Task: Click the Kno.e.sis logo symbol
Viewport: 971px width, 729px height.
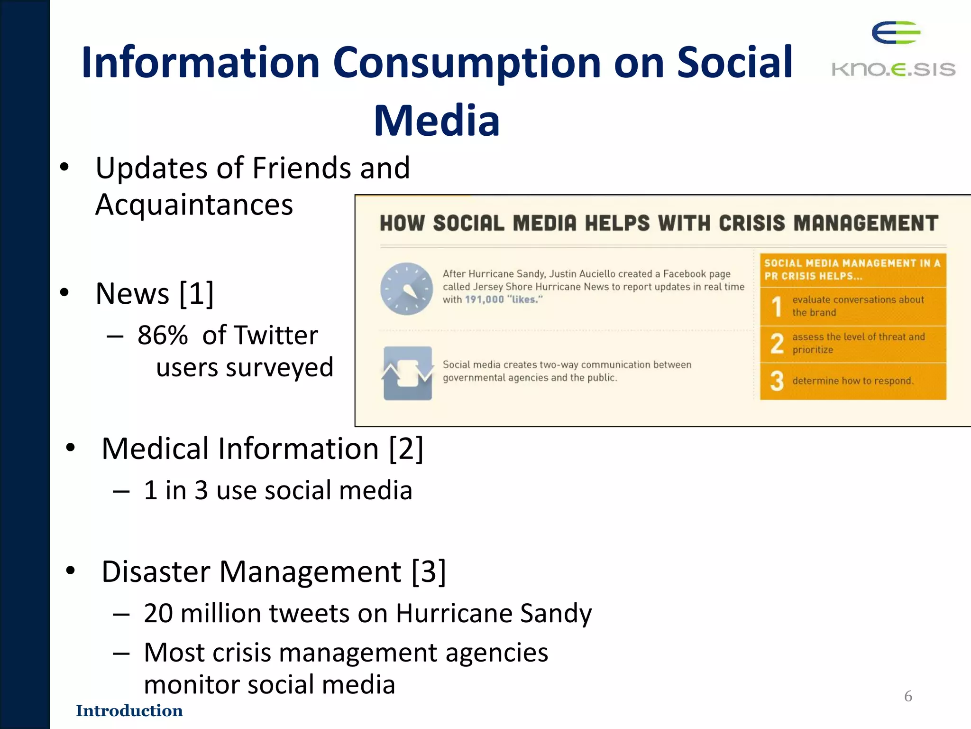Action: [895, 33]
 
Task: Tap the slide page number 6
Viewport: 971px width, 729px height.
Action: [908, 696]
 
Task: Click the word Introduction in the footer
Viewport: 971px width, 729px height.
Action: [129, 710]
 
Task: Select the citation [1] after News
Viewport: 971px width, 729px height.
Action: [196, 293]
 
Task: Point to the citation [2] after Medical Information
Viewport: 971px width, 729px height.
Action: [405, 448]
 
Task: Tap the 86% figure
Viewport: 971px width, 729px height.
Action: [163, 335]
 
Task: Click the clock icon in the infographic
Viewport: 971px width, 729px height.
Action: [406, 289]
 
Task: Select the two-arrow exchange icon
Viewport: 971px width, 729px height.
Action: [407, 373]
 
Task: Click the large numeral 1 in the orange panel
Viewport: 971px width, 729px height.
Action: [776, 306]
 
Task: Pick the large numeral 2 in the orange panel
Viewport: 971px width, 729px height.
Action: [777, 344]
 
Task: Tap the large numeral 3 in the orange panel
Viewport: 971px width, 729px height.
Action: [777, 381]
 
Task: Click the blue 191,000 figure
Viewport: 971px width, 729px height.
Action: [484, 299]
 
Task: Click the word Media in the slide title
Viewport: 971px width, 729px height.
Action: [437, 121]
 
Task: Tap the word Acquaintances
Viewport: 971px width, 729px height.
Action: [194, 205]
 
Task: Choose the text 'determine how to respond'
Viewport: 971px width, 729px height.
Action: [852, 381]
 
